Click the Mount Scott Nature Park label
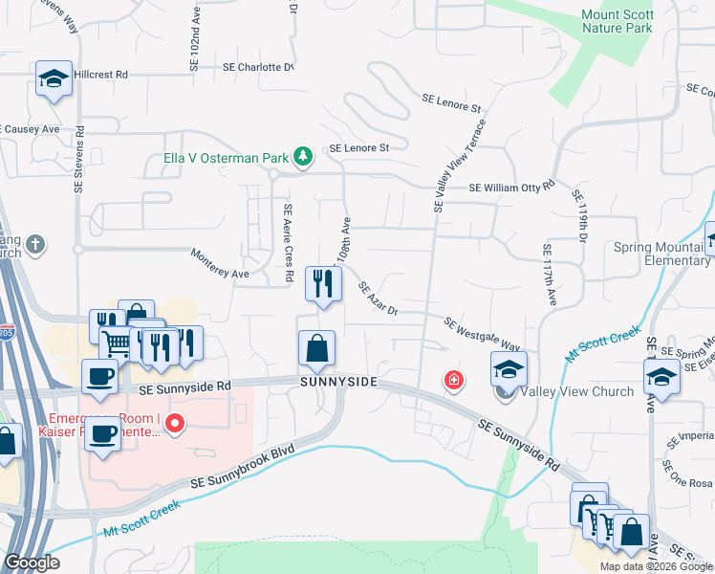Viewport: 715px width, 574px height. tap(618, 21)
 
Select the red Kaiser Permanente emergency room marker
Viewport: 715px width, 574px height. tap(175, 424)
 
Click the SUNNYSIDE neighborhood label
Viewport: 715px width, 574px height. tap(338, 383)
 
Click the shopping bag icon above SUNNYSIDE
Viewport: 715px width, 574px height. tap(316, 348)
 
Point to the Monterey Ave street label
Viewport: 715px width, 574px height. tap(220, 274)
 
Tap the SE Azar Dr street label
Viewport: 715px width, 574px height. tap(378, 298)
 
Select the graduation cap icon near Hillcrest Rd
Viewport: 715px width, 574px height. tap(54, 79)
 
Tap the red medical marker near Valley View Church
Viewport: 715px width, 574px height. tap(452, 381)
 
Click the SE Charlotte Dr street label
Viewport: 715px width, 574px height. tap(257, 68)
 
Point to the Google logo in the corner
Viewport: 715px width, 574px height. tap(32, 563)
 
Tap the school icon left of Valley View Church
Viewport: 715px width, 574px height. tap(509, 368)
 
